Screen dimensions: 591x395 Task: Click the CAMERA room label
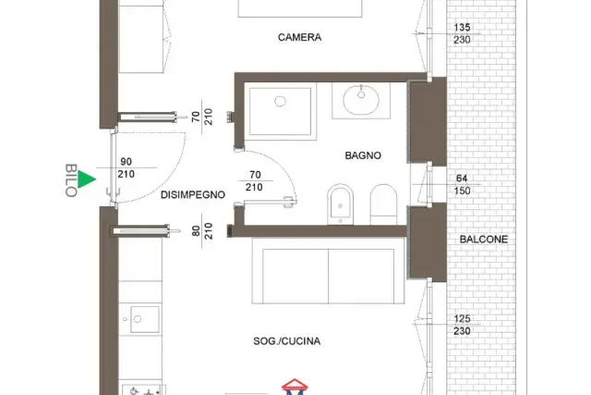pos(299,37)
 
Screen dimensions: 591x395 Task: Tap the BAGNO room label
pos(363,155)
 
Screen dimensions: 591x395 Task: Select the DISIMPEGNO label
pos(193,195)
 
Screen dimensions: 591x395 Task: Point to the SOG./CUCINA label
pos(287,341)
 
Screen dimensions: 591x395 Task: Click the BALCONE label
pos(484,240)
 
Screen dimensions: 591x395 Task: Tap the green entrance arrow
pos(86,179)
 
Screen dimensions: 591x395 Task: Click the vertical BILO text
pos(71,180)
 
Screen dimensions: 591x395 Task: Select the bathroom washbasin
pos(361,100)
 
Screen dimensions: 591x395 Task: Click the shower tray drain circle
pos(280,101)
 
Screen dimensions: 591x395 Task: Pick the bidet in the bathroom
pos(341,204)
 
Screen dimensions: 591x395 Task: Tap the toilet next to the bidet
pos(384,204)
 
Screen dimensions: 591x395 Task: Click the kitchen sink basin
pos(145,319)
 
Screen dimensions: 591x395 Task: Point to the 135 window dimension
pos(462,28)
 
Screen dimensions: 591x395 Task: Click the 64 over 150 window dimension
pos(462,184)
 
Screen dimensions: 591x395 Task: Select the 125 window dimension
pos(462,319)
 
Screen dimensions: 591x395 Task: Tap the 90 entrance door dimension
pos(126,162)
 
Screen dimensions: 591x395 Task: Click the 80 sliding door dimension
pos(196,231)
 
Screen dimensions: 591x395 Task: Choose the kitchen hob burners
pos(144,390)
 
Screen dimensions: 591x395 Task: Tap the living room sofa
pos(328,271)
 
